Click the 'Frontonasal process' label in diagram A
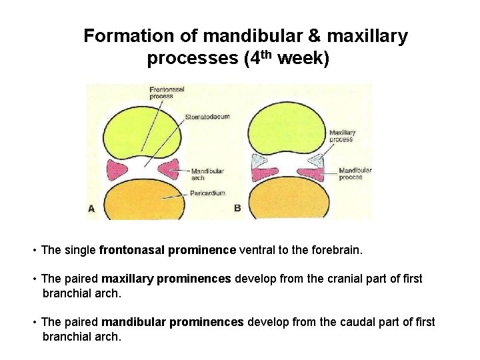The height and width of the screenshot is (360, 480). [x=167, y=92]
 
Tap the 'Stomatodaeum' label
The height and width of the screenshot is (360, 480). [x=207, y=117]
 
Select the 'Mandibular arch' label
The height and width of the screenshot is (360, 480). [x=207, y=175]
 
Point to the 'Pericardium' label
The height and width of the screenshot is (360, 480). [x=207, y=193]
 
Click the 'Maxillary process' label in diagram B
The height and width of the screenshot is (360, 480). [x=342, y=136]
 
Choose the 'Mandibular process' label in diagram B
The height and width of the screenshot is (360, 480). [x=355, y=173]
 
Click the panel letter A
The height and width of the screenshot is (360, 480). [x=91, y=208]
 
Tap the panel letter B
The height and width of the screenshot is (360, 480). [x=237, y=208]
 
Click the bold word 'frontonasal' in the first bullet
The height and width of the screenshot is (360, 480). [x=132, y=250]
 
